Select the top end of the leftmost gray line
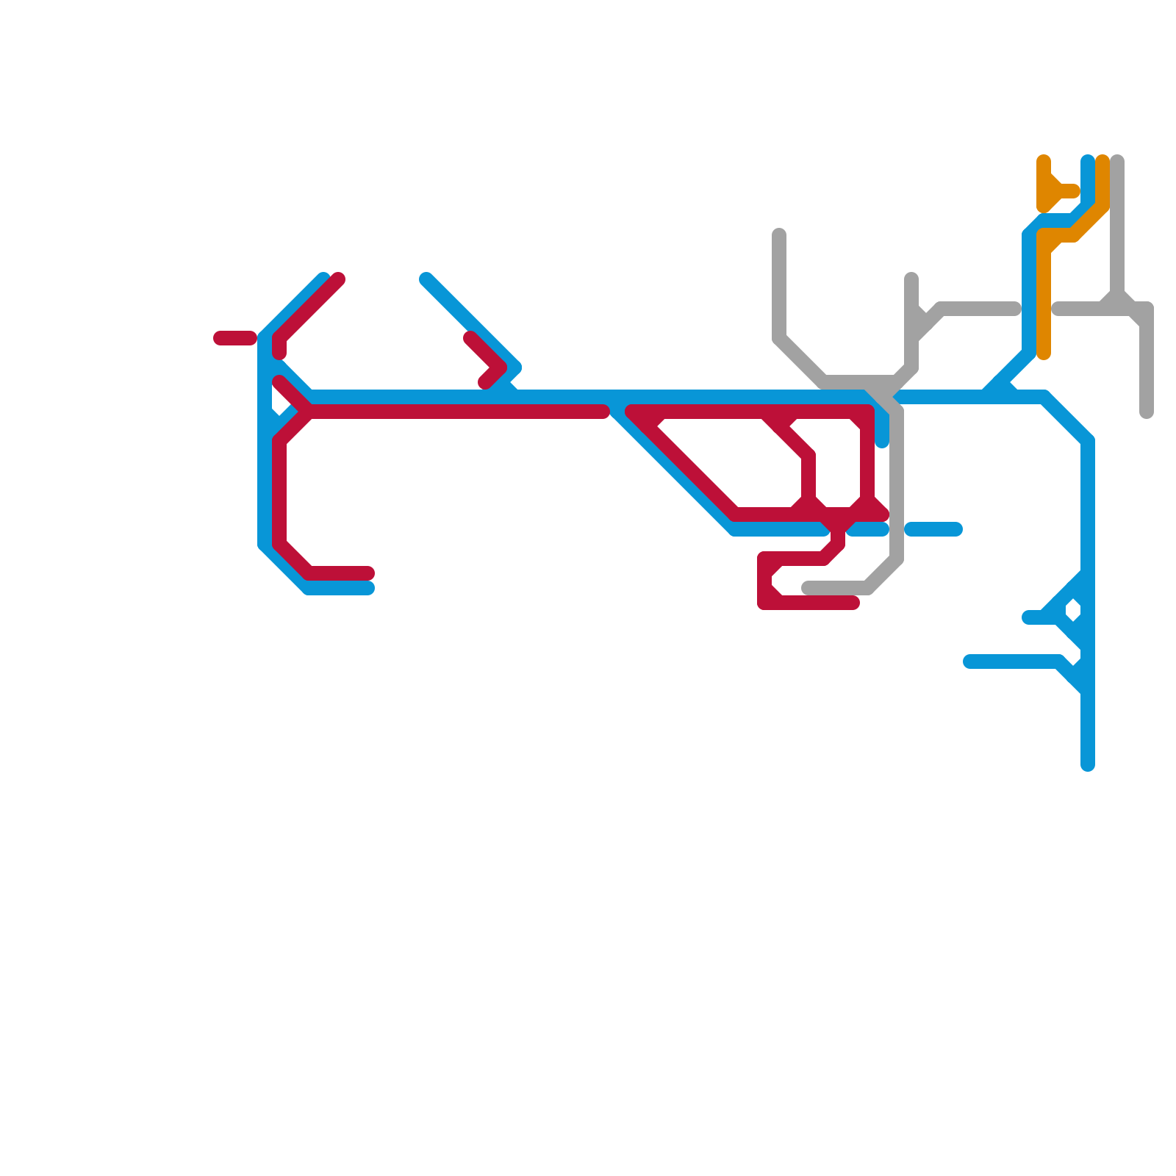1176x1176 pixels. [x=779, y=234]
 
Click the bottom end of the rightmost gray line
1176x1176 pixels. [x=1147, y=413]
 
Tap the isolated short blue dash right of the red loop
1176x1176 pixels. [x=933, y=529]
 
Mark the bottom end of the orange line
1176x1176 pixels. [x=1044, y=354]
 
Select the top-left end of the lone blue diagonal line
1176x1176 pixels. [x=426, y=279]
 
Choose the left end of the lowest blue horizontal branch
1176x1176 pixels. [x=969, y=661]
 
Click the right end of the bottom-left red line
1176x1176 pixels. [x=369, y=573]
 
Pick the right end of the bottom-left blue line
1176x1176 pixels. [x=369, y=588]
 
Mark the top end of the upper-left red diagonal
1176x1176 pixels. [x=338, y=279]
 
